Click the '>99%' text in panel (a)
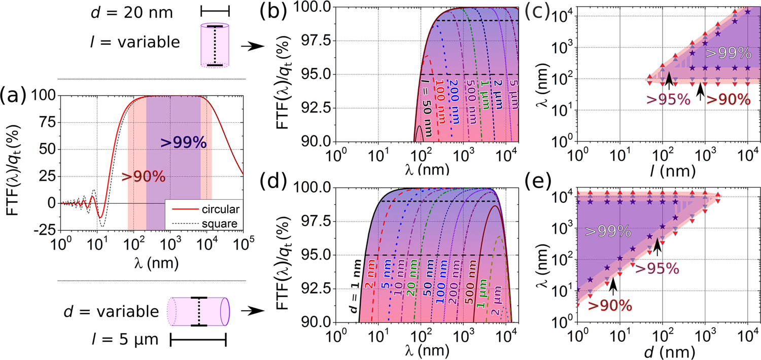point(183,143)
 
